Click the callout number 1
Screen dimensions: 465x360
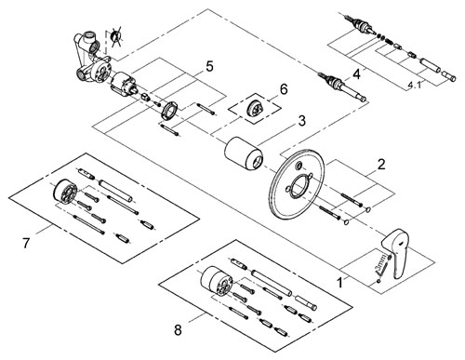tap(340, 283)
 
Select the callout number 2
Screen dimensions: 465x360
tap(381, 164)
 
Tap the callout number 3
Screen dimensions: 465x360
tap(301, 121)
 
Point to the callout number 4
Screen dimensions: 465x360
tap(356, 74)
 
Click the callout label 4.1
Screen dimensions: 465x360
tap(415, 84)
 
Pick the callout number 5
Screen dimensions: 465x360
tap(209, 66)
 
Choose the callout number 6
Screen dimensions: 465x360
tap(284, 89)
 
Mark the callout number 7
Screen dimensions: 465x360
tap(26, 243)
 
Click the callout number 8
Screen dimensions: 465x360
tap(178, 330)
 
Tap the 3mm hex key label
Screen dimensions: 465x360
tap(383, 262)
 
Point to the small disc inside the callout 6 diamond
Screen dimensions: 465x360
tap(255, 110)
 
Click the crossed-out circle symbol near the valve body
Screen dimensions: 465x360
tap(116, 36)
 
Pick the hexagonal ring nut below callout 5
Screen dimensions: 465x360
tap(169, 110)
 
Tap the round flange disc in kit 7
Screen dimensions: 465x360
tap(64, 192)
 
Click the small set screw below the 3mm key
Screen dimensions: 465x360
tap(378, 281)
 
